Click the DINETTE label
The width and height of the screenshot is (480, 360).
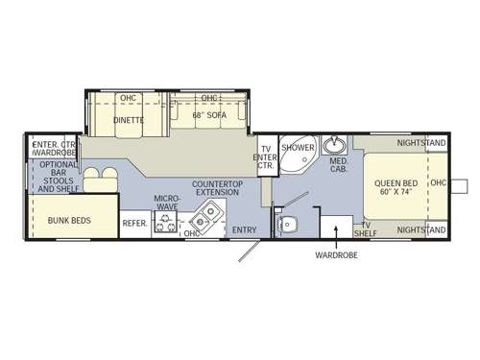coord(128,120)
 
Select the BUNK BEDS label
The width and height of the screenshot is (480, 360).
coord(69,221)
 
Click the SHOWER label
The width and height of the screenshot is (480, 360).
coord(298,149)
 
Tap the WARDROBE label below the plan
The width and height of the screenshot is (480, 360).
coord(336,256)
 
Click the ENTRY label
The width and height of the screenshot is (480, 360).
coord(245,230)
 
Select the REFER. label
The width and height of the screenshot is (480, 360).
coord(134,224)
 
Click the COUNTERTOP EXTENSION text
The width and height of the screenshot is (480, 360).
coord(216,187)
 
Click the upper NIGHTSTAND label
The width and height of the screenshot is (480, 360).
coord(421,143)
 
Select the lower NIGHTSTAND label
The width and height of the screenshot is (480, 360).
coord(421,230)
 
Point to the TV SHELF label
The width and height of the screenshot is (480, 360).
coord(364,228)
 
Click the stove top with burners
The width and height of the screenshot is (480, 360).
coord(167,225)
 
